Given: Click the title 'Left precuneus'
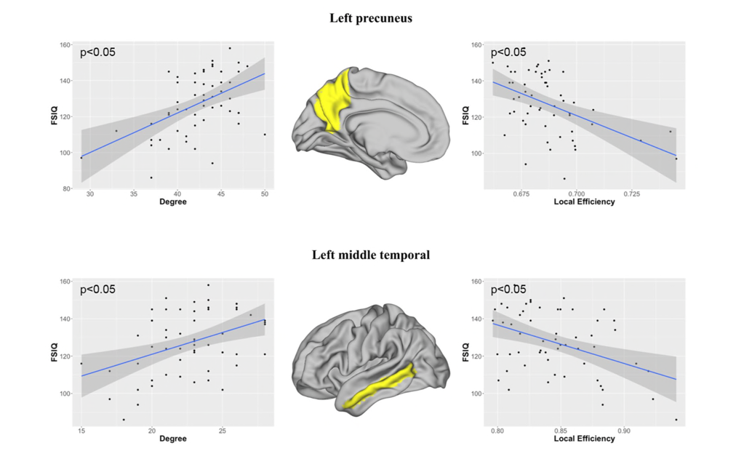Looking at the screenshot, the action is tap(371, 18).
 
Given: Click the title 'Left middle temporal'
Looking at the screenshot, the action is tap(371, 255).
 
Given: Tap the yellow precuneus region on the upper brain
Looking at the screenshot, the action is tap(334, 98).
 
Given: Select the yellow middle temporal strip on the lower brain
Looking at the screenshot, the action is tap(380, 387).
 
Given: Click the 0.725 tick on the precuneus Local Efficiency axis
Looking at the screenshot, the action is tap(631, 194).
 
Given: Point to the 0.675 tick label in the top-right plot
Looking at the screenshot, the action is tap(521, 194).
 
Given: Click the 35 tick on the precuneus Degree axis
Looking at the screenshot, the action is tap(134, 194).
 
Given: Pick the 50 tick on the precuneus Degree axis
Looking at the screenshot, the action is tap(265, 194).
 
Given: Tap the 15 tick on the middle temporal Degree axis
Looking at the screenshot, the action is tap(81, 431).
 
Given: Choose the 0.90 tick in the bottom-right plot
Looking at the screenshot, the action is tap(624, 431).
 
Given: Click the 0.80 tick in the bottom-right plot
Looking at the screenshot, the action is tap(497, 431).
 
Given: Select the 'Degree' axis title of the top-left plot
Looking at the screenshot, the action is tap(173, 202).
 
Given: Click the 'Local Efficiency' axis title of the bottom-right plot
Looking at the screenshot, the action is tap(584, 439).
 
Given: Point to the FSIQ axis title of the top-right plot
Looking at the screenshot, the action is tap(465, 116).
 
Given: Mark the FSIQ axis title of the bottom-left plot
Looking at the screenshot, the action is tap(55, 352).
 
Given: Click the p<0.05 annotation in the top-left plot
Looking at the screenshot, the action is tap(98, 52).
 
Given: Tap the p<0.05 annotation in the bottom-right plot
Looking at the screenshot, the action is tap(508, 290).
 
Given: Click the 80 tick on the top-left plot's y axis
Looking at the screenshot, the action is tap(65, 189).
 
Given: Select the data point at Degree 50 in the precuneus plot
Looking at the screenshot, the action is tap(265, 135).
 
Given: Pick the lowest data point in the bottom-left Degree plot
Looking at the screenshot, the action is tap(124, 420).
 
